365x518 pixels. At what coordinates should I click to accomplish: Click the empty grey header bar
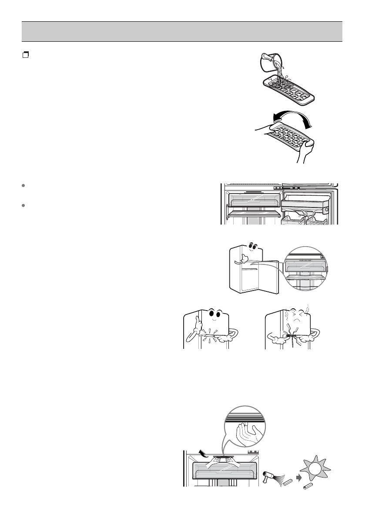[x=182, y=31]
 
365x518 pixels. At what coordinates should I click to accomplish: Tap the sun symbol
[x=315, y=468]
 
